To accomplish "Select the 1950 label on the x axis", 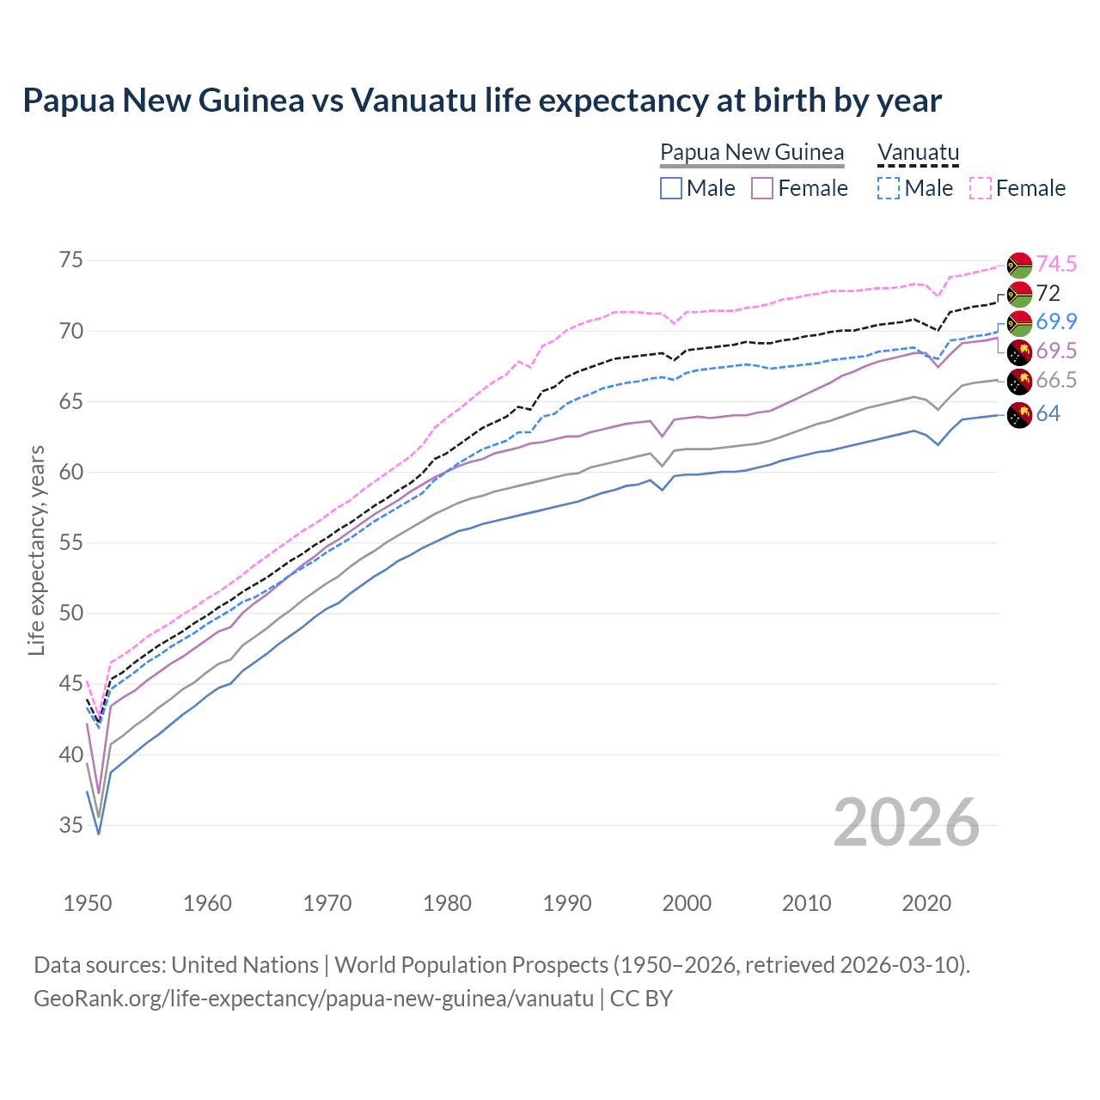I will click(x=88, y=903).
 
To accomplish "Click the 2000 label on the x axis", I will click(x=687, y=903).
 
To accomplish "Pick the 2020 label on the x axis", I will click(x=926, y=903).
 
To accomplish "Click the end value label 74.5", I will click(x=1056, y=264).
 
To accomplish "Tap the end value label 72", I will click(x=1048, y=293).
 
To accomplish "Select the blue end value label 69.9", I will click(x=1056, y=321).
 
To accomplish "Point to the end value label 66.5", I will click(x=1056, y=381).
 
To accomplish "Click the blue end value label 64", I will click(x=1048, y=413).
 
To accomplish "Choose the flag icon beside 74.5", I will click(x=1019, y=265).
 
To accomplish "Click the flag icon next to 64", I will click(x=1019, y=414).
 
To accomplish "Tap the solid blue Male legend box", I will click(x=671, y=188).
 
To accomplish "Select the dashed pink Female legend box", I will click(x=981, y=188).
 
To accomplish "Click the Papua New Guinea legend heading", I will click(x=752, y=152).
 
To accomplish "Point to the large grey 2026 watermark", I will click(x=907, y=822).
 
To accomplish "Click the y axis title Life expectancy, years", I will click(x=37, y=550).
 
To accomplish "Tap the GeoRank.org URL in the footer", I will click(x=314, y=999).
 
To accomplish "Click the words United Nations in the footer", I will click(x=245, y=965).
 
